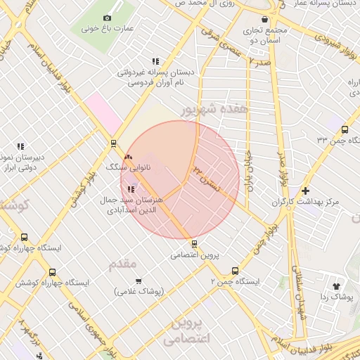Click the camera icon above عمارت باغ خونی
point(107,18)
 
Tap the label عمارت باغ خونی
point(108,30)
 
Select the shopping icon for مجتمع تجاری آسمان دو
point(264,20)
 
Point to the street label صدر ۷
point(259,63)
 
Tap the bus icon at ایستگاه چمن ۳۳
point(344,129)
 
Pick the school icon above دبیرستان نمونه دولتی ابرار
point(20,146)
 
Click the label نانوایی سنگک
point(124,169)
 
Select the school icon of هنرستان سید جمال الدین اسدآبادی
point(130,188)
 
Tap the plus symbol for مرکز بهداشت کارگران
point(305,191)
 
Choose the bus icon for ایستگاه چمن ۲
point(234,270)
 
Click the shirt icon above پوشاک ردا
point(336,286)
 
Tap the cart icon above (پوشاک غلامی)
point(138,280)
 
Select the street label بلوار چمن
point(261,238)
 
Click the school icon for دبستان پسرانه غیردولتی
point(155,60)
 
